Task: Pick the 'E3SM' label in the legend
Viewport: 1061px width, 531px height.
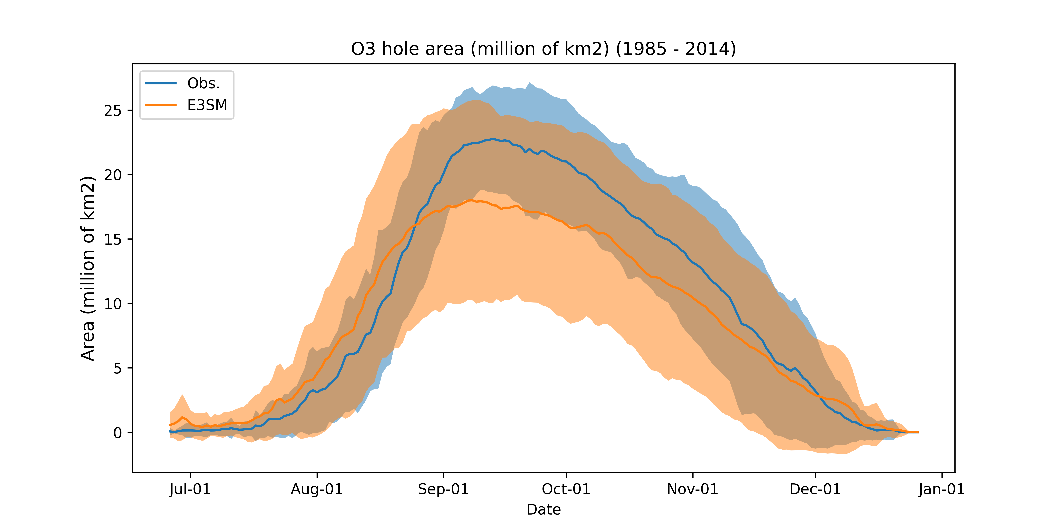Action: coord(207,105)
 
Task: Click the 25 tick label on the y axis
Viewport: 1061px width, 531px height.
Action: coord(113,110)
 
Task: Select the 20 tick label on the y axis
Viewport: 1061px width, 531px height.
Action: coord(113,175)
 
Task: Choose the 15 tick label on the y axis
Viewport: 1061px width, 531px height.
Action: coord(113,239)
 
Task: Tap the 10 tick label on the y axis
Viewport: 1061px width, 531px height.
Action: coord(113,304)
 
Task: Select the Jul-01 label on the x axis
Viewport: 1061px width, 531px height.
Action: coord(190,489)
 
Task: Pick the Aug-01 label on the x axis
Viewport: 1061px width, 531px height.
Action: coord(317,489)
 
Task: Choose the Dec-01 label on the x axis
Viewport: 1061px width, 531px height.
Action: coord(815,489)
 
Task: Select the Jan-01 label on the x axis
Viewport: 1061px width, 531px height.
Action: coord(942,489)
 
